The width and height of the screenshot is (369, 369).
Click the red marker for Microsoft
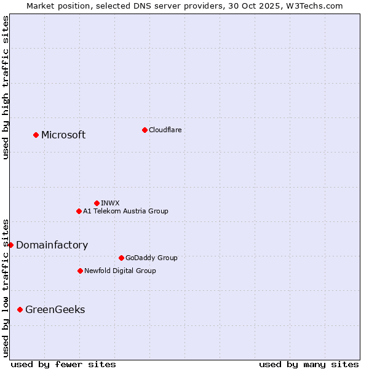coord(36,135)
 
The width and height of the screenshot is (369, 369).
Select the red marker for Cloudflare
coord(145,130)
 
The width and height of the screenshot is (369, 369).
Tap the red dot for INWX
coord(97,203)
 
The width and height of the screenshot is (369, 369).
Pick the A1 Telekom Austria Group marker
coord(79,211)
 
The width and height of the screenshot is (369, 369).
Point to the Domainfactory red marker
coord(10,245)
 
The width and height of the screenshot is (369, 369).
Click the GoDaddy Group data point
coord(121,258)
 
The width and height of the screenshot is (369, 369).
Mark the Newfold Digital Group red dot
coord(80,271)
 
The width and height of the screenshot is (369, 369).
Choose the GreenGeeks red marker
coord(20,309)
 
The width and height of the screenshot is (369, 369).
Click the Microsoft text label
coord(63,135)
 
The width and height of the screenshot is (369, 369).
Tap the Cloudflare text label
coord(165,130)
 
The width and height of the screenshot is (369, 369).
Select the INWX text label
coord(110,203)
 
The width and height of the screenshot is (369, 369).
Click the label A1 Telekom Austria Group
coord(125,211)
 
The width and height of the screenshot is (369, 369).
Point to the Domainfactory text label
coord(52,245)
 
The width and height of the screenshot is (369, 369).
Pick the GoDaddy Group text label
coord(151,258)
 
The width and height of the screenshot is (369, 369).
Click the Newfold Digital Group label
coord(120,271)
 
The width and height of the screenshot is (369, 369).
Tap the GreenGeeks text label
coord(55,309)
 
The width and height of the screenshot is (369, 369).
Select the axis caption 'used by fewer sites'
coord(63,364)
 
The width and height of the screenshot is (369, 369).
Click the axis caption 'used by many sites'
coord(309,364)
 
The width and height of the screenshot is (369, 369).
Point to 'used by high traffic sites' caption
coord(6,87)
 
